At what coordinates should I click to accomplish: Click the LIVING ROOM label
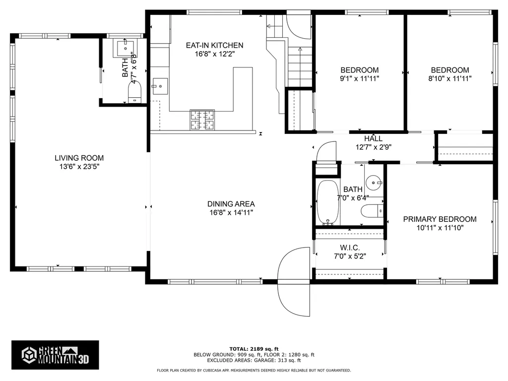click(79, 158)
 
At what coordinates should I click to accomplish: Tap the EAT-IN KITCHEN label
click(214, 45)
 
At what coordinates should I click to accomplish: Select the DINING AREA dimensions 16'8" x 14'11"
click(231, 212)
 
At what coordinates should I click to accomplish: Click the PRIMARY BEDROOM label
click(440, 219)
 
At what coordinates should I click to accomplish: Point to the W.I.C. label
click(350, 248)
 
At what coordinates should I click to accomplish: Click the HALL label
click(373, 138)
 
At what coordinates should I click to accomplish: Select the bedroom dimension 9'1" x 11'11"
click(359, 78)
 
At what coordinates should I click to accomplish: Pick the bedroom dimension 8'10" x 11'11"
click(449, 78)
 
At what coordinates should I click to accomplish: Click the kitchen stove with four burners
click(202, 120)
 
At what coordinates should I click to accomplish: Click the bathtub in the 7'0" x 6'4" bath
click(327, 202)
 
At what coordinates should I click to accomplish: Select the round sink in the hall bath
click(374, 183)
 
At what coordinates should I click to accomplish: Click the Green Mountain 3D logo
click(55, 354)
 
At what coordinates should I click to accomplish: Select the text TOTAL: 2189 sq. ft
click(254, 348)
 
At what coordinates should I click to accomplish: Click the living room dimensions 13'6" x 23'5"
click(79, 167)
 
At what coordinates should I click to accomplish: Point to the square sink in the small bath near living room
click(124, 48)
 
